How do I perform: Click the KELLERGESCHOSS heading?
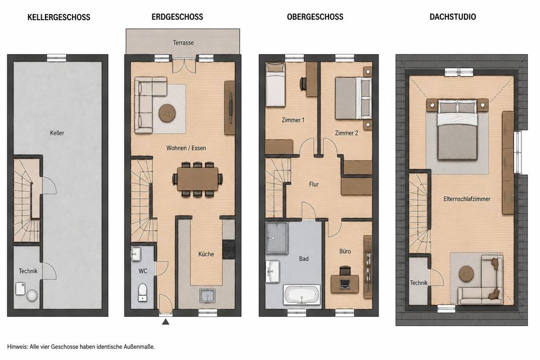point(59,17)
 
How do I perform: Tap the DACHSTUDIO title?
point(452,17)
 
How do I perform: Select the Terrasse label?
point(183,43)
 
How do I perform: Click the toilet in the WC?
point(142,292)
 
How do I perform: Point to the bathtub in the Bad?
point(301,295)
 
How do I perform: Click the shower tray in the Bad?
point(277,238)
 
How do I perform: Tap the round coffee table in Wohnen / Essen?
point(168,112)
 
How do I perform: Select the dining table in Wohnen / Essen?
point(197,179)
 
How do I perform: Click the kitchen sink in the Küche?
point(208,296)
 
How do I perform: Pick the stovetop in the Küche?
point(229,249)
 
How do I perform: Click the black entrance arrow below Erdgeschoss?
point(165,322)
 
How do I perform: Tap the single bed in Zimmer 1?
point(276,84)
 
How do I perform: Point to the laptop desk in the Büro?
point(345,283)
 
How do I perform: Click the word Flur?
point(314,184)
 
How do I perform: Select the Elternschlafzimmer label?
point(467,199)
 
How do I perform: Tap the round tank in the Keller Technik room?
point(32,295)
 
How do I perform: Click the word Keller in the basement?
point(57,133)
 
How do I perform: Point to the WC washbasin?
point(136,254)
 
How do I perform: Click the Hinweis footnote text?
point(81,346)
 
